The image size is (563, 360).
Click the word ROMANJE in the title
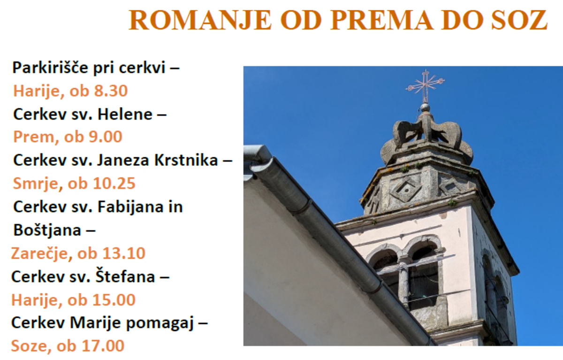(x=200, y=20)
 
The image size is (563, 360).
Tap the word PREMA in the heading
(x=381, y=20)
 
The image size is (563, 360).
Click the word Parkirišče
(x=50, y=68)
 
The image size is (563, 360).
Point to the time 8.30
(x=111, y=91)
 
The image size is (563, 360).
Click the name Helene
(x=125, y=114)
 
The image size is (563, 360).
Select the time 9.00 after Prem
(x=106, y=137)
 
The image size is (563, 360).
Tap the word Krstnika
(x=186, y=160)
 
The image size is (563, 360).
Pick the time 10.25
(x=114, y=183)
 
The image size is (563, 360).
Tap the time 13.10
(x=124, y=253)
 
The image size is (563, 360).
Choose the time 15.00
(x=114, y=300)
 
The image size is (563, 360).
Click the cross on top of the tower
(x=425, y=86)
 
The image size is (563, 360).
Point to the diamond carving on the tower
(x=405, y=190)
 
